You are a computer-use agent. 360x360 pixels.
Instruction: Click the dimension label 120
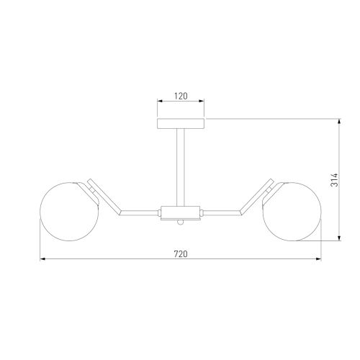(181, 96)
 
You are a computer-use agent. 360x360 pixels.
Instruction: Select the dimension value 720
(181, 254)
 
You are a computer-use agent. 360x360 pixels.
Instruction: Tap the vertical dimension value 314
(334, 180)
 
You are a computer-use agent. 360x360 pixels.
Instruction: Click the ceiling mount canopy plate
(181, 123)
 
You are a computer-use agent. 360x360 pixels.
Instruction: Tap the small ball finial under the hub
(181, 222)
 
